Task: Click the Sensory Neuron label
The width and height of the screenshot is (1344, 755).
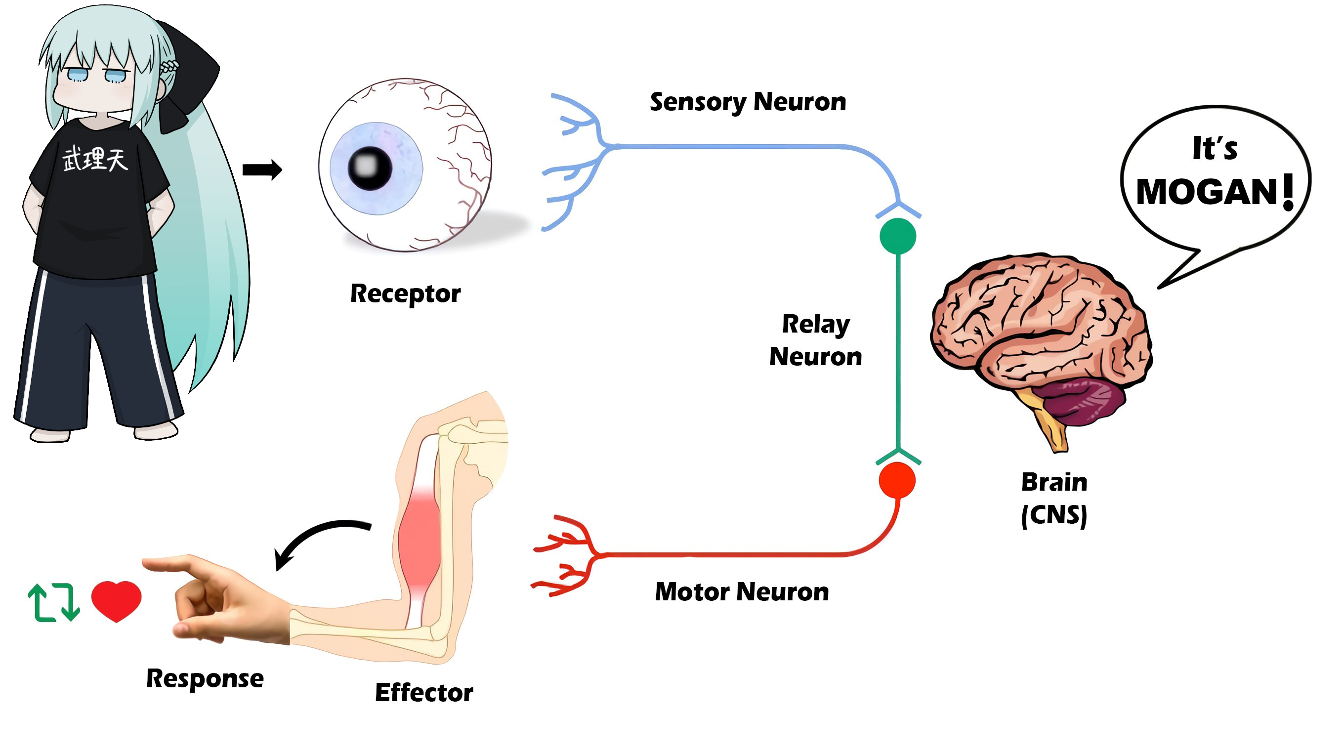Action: [748, 102]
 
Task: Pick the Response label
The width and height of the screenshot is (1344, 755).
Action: [205, 679]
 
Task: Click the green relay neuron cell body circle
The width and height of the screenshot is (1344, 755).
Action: [897, 236]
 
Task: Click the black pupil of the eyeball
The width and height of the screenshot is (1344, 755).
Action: [370, 168]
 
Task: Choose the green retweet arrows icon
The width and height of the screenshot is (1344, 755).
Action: [54, 602]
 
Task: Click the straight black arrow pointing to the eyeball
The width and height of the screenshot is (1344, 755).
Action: [262, 169]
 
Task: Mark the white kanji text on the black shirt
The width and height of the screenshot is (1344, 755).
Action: [95, 159]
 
